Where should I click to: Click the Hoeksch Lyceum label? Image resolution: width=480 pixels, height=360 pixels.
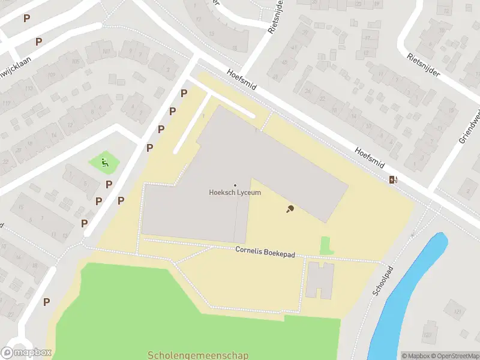(x=235, y=193)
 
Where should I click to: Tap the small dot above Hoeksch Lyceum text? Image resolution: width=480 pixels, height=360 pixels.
(x=235, y=185)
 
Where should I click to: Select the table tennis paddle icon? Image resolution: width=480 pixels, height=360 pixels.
(x=290, y=209)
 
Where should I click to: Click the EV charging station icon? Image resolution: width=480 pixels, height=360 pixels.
(x=393, y=179)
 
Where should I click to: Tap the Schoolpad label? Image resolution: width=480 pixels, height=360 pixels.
(x=381, y=281)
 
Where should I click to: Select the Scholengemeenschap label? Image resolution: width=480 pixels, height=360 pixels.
(x=198, y=355)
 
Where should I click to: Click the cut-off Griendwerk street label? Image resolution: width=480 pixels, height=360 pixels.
(x=470, y=129)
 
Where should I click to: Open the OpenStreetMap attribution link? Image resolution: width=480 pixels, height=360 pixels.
(x=456, y=356)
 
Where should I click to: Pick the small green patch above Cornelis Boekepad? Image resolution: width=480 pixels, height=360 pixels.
(x=326, y=245)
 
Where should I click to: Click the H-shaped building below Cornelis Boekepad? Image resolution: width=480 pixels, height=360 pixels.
(x=320, y=280)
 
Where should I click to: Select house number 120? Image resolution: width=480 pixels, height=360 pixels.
(x=428, y=334)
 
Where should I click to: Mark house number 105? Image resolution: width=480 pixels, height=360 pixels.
(x=76, y=62)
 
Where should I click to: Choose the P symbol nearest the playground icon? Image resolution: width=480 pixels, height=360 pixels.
(x=109, y=184)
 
